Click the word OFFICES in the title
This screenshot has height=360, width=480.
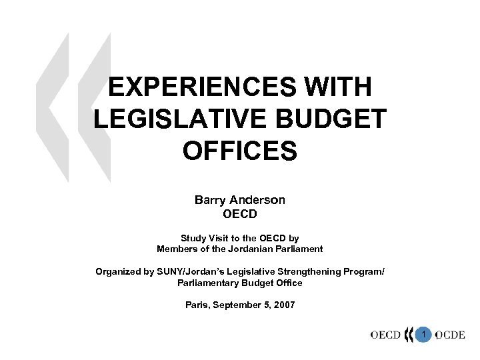[x=239, y=151]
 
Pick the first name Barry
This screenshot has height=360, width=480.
[x=210, y=199]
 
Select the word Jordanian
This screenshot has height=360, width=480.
[x=253, y=249]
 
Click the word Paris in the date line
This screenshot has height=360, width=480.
[x=197, y=305]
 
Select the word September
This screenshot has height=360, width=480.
[x=239, y=305]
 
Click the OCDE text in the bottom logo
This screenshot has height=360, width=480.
[x=451, y=335]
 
